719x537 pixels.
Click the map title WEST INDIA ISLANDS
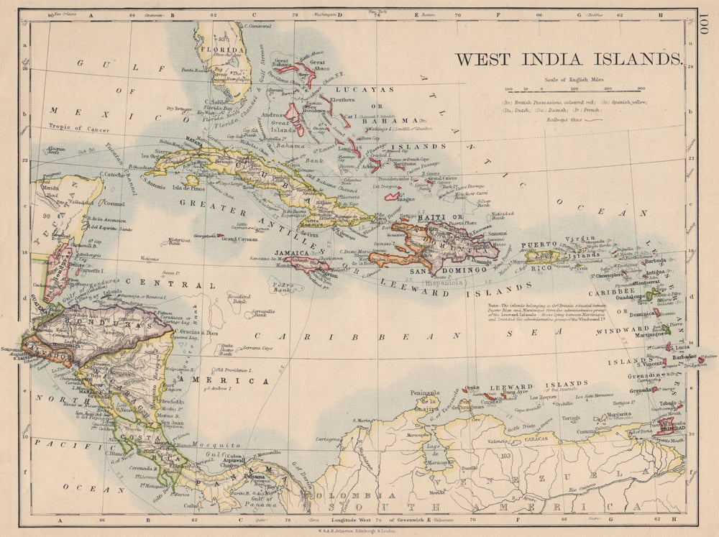click(567, 59)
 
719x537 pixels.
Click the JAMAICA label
click(293, 254)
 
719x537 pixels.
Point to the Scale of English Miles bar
click(568, 89)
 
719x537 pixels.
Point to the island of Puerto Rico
click(544, 255)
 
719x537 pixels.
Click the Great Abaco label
click(322, 63)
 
